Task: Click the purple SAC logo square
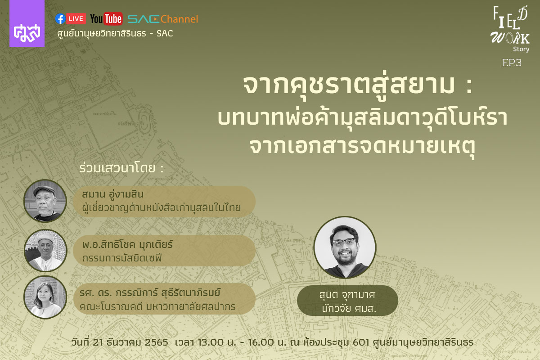[x=27, y=23]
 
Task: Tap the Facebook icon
[x=60, y=19]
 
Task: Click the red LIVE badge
[x=76, y=19]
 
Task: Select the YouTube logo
[x=106, y=19]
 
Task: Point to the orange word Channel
[x=180, y=19]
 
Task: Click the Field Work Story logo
[x=510, y=29]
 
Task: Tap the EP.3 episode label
[x=512, y=63]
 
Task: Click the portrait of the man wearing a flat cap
[x=45, y=201]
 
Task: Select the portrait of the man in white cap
[x=45, y=250]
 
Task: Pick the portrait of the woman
[x=45, y=297]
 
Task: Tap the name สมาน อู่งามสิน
[x=113, y=194]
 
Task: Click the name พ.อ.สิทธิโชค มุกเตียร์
[x=127, y=245]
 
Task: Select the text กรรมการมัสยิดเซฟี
[x=122, y=258]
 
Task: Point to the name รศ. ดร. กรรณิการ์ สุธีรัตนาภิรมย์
[x=150, y=293]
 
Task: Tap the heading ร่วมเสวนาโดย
[x=121, y=168]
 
